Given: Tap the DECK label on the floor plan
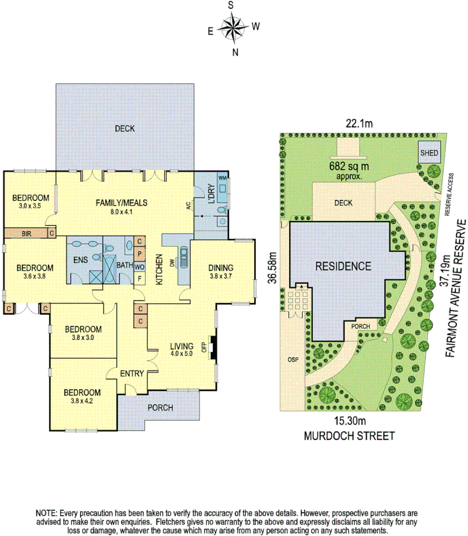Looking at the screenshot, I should [x=124, y=128].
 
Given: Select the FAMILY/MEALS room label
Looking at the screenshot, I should [x=121, y=203].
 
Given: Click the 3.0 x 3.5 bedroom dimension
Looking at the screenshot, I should [x=31, y=206].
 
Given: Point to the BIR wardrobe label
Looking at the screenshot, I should [x=27, y=233].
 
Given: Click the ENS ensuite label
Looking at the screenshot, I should [x=81, y=260].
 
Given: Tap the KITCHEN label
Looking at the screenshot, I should [x=159, y=269].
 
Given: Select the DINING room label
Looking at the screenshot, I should [x=221, y=267].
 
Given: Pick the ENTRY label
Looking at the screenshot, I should [x=132, y=374].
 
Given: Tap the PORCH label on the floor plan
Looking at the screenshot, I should [x=160, y=408].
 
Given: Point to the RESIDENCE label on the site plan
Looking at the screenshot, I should [x=343, y=266].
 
